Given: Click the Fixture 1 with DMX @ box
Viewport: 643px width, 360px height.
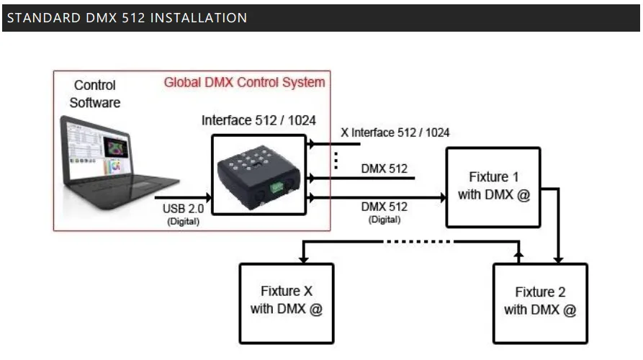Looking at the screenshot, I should pyautogui.click(x=493, y=186).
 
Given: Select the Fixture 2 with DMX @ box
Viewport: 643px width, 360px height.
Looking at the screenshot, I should pyautogui.click(x=540, y=302).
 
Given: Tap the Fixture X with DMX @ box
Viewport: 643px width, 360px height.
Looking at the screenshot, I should pyautogui.click(x=286, y=302).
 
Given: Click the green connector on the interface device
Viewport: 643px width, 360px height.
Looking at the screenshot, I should pyautogui.click(x=276, y=189).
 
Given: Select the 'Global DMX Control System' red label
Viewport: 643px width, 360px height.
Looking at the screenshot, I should pyautogui.click(x=244, y=82).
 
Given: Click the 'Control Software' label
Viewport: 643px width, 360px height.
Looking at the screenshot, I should pyautogui.click(x=94, y=94).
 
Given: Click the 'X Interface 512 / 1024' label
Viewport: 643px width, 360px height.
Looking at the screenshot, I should pyautogui.click(x=395, y=132).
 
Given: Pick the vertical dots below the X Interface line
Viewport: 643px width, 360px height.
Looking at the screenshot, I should pyautogui.click(x=336, y=161).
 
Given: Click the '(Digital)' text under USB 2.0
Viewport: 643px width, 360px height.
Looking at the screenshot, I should pyautogui.click(x=184, y=221).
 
